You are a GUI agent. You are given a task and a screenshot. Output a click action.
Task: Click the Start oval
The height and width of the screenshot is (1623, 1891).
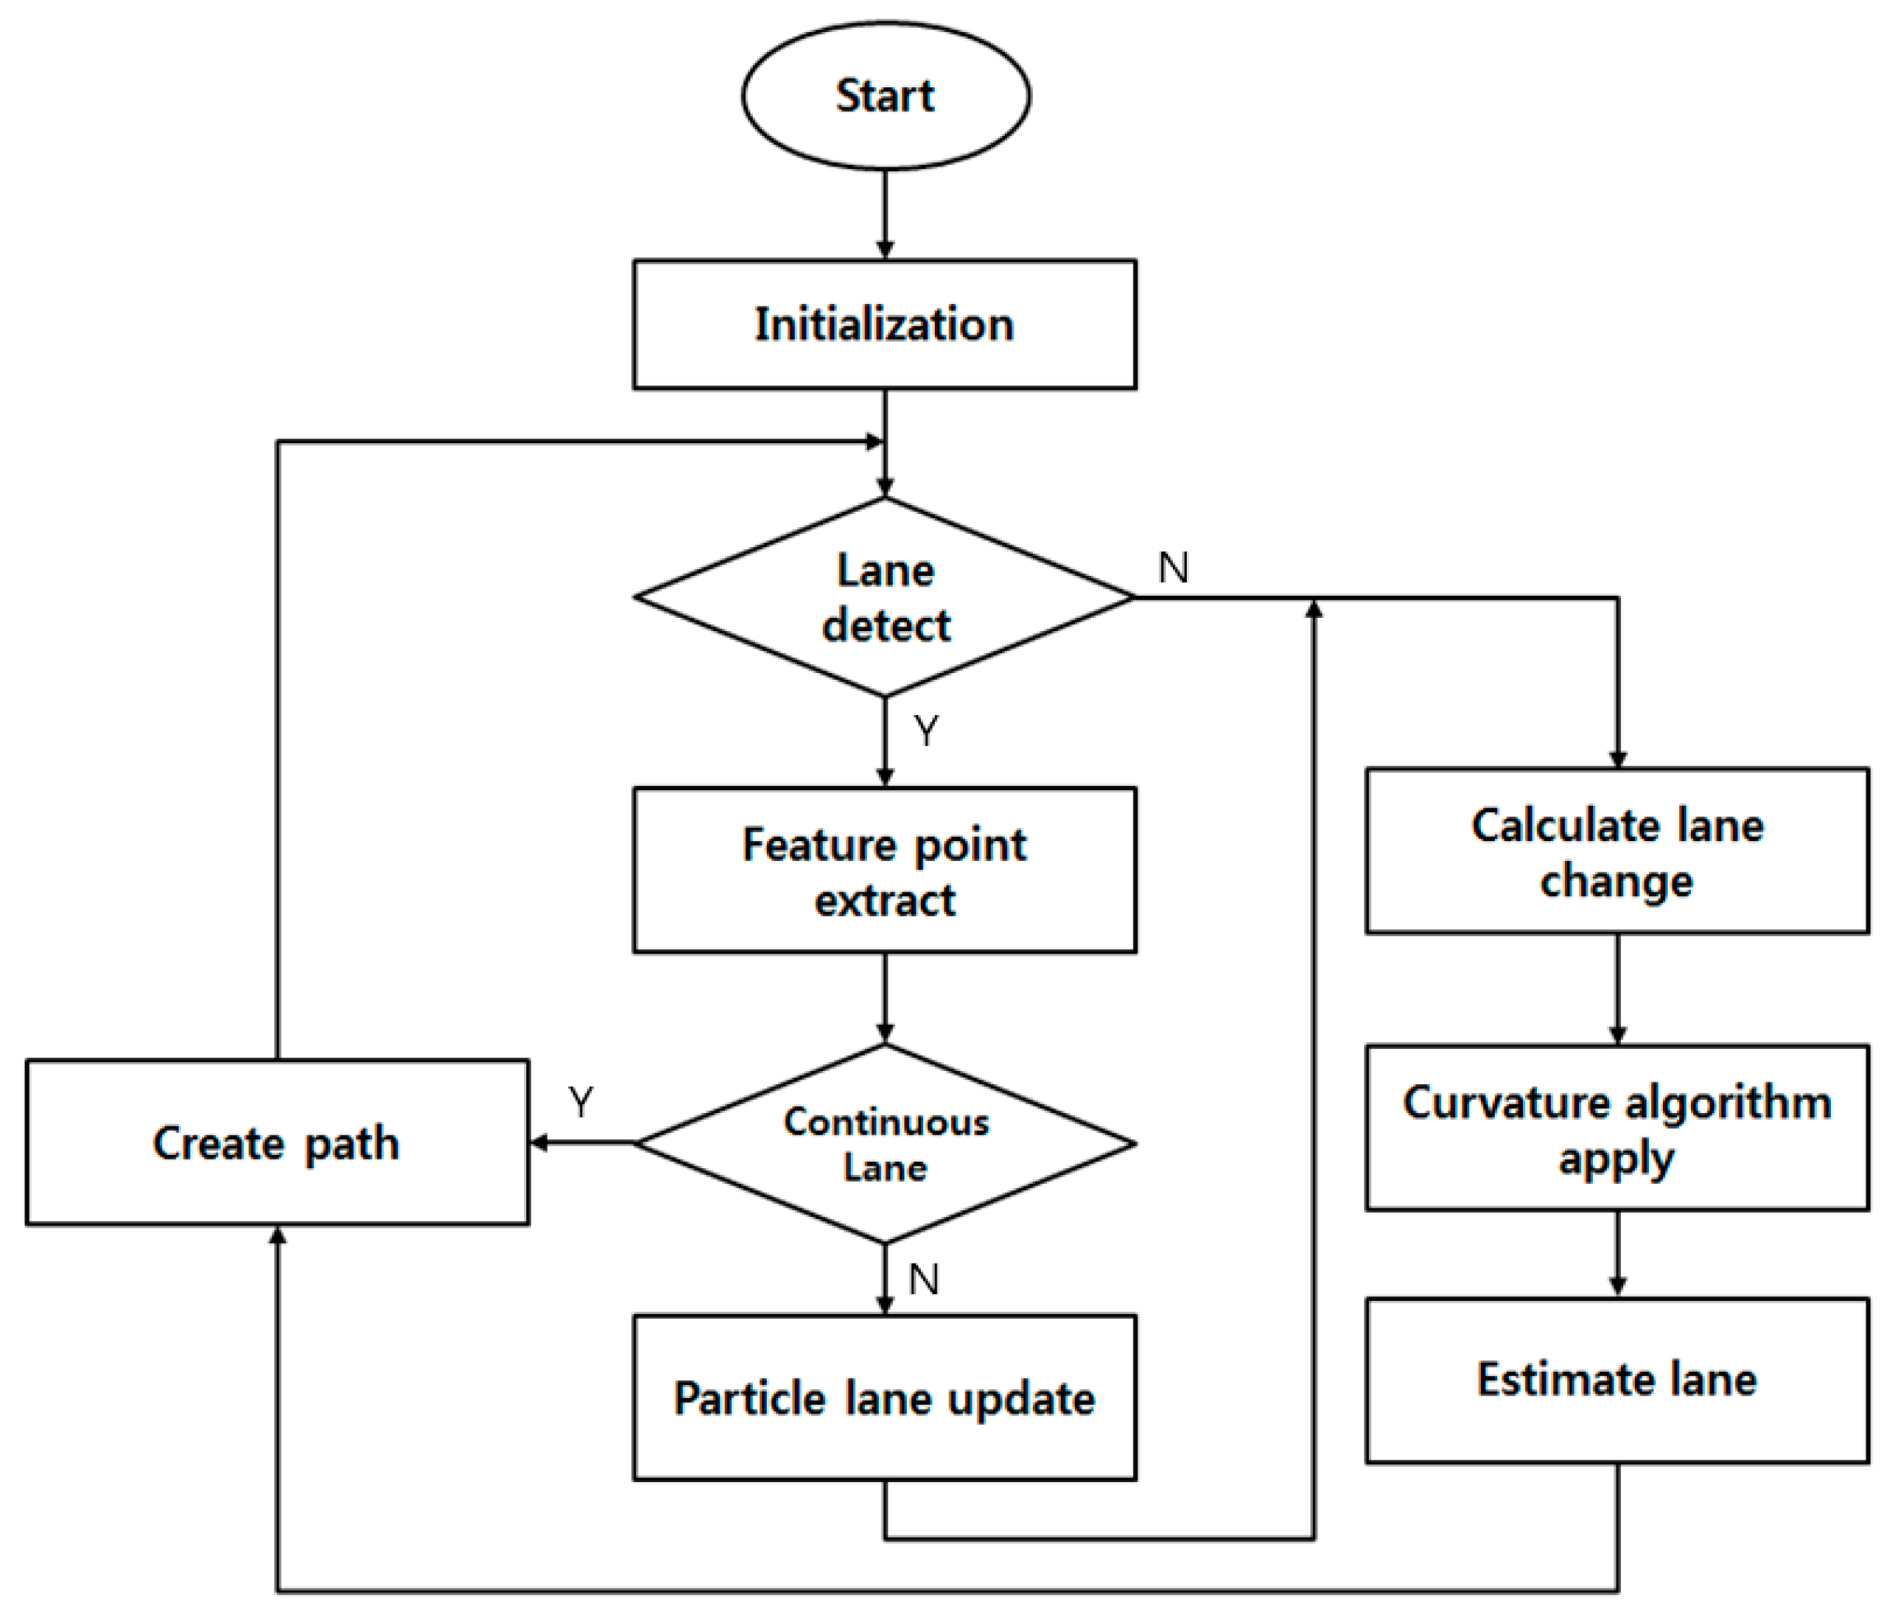coord(885,96)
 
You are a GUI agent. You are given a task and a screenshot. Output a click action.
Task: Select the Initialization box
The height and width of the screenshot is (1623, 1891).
coord(885,325)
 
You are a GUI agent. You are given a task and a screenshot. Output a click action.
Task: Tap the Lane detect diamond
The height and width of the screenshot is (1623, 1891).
coord(885,598)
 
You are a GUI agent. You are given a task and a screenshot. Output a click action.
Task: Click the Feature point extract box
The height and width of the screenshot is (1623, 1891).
coord(885,871)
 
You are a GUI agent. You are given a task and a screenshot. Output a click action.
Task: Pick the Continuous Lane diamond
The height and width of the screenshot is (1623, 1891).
coord(885,1143)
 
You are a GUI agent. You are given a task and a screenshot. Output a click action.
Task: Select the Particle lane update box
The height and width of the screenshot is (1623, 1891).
coord(885,1397)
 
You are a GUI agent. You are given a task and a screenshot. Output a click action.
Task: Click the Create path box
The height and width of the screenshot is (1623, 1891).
coord(277,1143)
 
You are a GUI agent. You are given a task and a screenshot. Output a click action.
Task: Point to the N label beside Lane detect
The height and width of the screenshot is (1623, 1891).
coord(1174,568)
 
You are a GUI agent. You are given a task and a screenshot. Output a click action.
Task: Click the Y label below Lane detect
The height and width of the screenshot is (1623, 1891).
coord(927,731)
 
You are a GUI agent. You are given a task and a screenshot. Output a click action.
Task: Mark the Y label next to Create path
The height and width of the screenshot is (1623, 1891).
coord(581,1101)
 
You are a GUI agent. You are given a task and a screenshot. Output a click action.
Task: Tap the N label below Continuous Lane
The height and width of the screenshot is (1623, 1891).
coord(923,1279)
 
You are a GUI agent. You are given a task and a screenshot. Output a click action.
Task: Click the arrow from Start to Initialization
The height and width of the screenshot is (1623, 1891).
coord(885,214)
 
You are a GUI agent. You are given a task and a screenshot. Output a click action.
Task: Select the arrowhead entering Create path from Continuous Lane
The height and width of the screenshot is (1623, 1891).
coord(539,1143)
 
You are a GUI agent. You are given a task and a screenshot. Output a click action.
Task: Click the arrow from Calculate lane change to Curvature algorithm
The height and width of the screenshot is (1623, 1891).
coord(1618,989)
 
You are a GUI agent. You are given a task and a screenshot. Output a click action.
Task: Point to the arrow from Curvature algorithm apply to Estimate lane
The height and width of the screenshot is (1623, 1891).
coord(1618,1254)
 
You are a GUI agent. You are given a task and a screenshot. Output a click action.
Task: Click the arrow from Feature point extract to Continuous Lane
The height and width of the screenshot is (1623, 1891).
coord(885,999)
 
